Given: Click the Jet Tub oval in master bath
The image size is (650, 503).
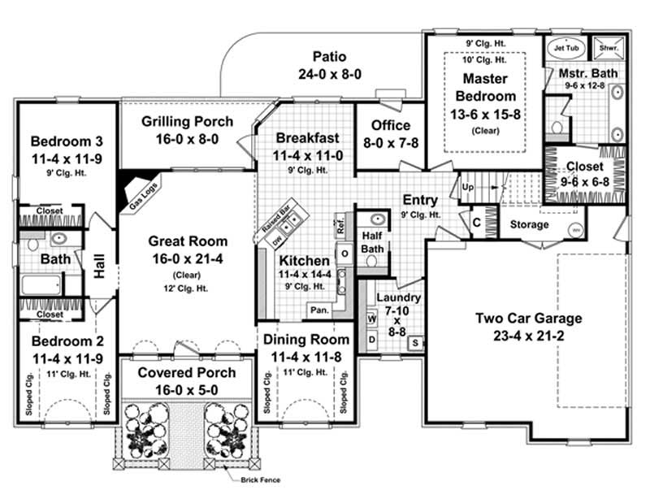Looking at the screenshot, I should [558, 47].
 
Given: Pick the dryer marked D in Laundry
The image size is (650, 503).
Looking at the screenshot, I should [372, 338].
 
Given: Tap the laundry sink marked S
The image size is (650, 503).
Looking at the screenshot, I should [413, 343].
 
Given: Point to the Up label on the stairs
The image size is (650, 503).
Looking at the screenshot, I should [467, 186].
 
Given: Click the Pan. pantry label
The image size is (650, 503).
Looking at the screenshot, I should [318, 310].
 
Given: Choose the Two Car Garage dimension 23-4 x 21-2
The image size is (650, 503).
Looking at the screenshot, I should [529, 334].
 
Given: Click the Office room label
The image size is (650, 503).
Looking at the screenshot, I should [391, 125].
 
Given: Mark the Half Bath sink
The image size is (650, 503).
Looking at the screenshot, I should [377, 219].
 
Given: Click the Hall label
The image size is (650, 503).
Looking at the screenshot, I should [100, 268].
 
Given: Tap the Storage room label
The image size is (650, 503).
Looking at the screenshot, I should [529, 224].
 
